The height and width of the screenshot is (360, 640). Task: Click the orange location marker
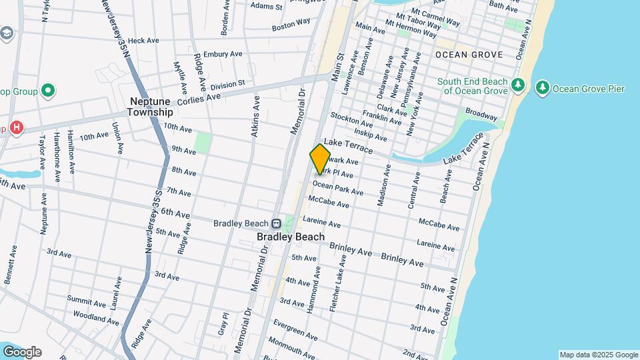(320, 159)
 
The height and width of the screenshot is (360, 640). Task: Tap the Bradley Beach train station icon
(275, 224)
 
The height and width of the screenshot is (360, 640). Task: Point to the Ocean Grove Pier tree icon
(542, 88)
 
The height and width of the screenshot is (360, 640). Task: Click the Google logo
(22, 351)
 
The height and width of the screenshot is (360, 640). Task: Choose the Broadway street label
(481, 113)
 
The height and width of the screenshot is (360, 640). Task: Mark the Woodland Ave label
(95, 317)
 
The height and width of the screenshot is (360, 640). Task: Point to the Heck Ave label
(143, 41)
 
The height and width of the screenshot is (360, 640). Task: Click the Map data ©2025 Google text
(598, 355)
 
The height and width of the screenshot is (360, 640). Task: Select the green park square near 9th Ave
(203, 142)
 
